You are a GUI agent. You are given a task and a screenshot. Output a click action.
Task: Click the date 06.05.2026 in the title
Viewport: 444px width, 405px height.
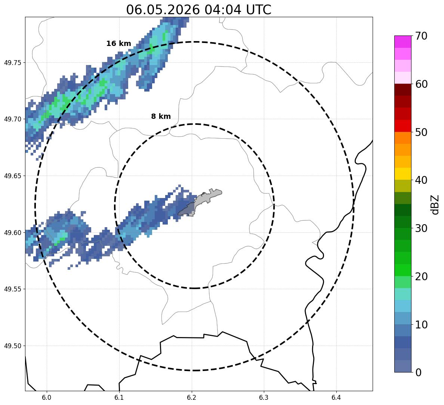coord(163,10)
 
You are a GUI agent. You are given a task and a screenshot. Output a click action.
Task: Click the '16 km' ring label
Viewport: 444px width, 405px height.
coord(118,44)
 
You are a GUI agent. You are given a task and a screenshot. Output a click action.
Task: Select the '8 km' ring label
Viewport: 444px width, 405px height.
coord(161,116)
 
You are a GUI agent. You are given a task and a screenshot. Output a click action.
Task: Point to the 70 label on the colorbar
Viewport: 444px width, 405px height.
coord(421,36)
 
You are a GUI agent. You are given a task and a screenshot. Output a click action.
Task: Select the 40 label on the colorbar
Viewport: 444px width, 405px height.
coord(421,180)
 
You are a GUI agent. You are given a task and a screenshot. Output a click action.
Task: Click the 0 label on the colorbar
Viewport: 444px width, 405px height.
coord(418,372)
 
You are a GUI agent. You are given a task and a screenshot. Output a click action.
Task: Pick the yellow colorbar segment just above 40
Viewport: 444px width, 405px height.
coord(403,174)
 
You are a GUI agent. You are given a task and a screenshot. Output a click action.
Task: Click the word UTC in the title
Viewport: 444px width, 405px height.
coord(259,10)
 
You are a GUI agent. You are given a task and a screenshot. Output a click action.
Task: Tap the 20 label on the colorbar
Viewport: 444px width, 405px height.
coord(421,276)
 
